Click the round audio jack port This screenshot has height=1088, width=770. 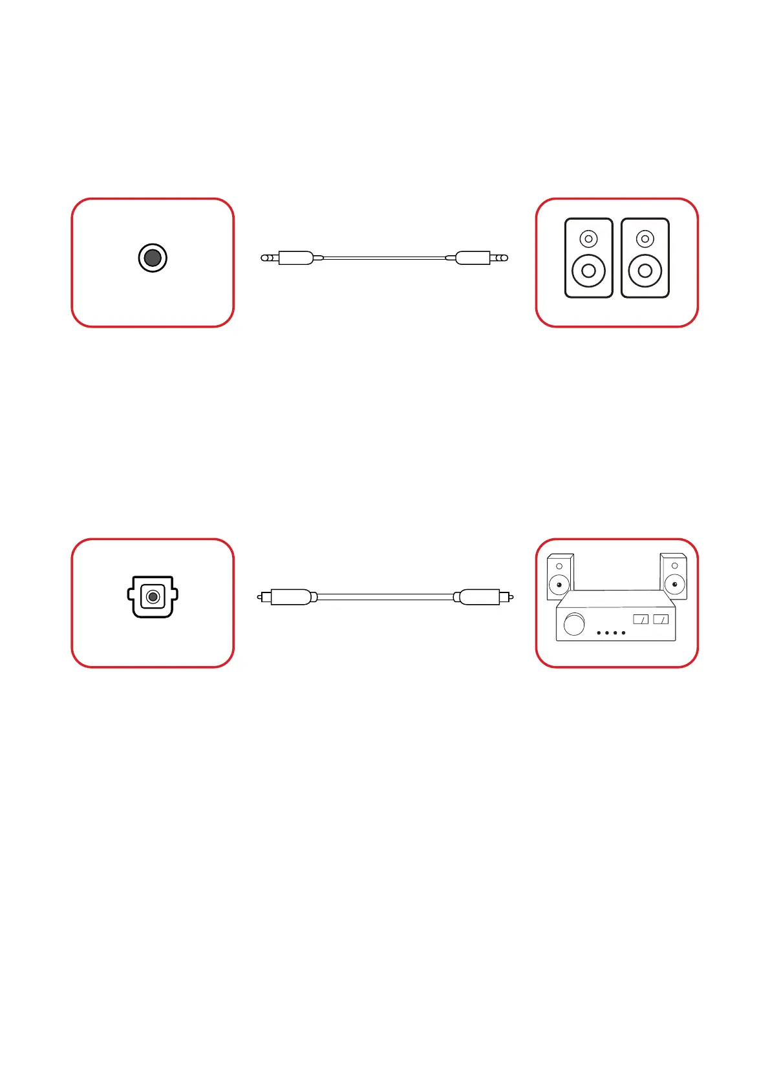coord(153,258)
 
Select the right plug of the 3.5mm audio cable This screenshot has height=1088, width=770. coord(477,258)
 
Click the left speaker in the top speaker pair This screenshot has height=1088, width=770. coord(588,258)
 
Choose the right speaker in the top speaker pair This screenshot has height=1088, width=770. coord(645,258)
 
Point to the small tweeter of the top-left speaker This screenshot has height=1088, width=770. coord(588,239)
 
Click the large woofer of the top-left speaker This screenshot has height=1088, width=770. coord(588,271)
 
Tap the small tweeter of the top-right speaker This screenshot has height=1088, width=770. coord(645,239)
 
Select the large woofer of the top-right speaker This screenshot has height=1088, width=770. coord(645,271)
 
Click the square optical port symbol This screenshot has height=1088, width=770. coord(153,597)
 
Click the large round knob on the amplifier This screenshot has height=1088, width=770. coord(574,624)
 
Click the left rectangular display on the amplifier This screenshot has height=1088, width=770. coord(641,619)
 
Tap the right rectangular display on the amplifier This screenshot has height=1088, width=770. coord(661,619)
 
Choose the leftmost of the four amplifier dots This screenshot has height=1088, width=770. coord(599,633)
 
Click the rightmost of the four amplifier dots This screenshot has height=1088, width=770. coord(623,633)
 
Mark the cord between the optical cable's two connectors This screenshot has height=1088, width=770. coord(385,597)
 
